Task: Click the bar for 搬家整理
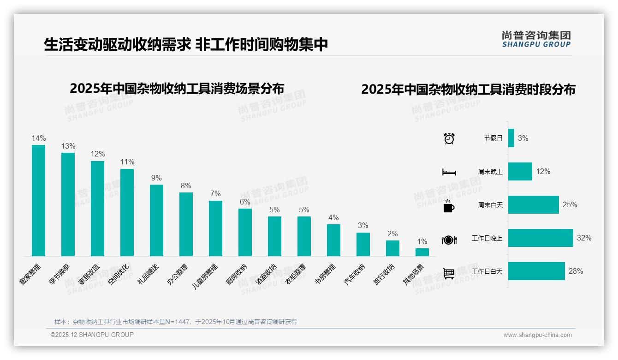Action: (38, 200)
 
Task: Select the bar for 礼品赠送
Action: (156, 220)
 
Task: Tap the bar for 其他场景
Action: (422, 252)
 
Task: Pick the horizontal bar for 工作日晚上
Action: (541, 238)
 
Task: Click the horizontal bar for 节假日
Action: (511, 138)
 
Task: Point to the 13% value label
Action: (68, 146)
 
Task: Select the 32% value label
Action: (584, 238)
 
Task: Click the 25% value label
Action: (570, 205)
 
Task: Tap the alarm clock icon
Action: (449, 138)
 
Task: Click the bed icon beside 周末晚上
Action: (449, 172)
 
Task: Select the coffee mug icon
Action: (449, 206)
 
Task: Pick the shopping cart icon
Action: (449, 273)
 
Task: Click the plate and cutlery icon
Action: (449, 240)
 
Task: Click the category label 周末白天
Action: (490, 205)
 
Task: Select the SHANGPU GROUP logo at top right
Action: (536, 39)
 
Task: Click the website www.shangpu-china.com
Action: (537, 335)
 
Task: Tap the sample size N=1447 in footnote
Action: (174, 322)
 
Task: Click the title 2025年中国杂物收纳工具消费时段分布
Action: (468, 90)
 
